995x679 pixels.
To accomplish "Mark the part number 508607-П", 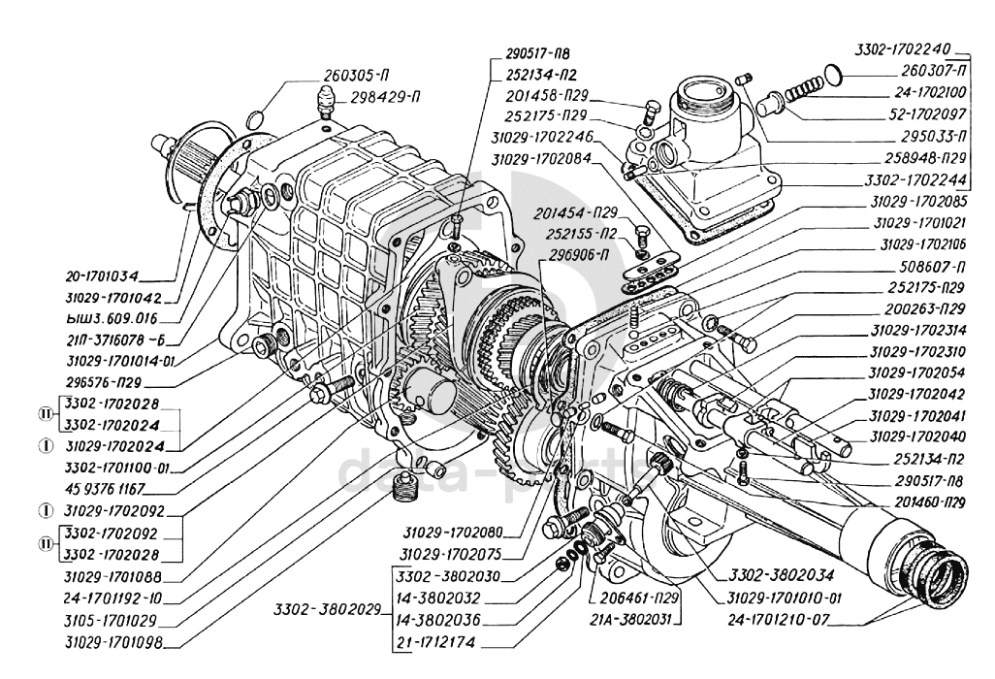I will [939, 264].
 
